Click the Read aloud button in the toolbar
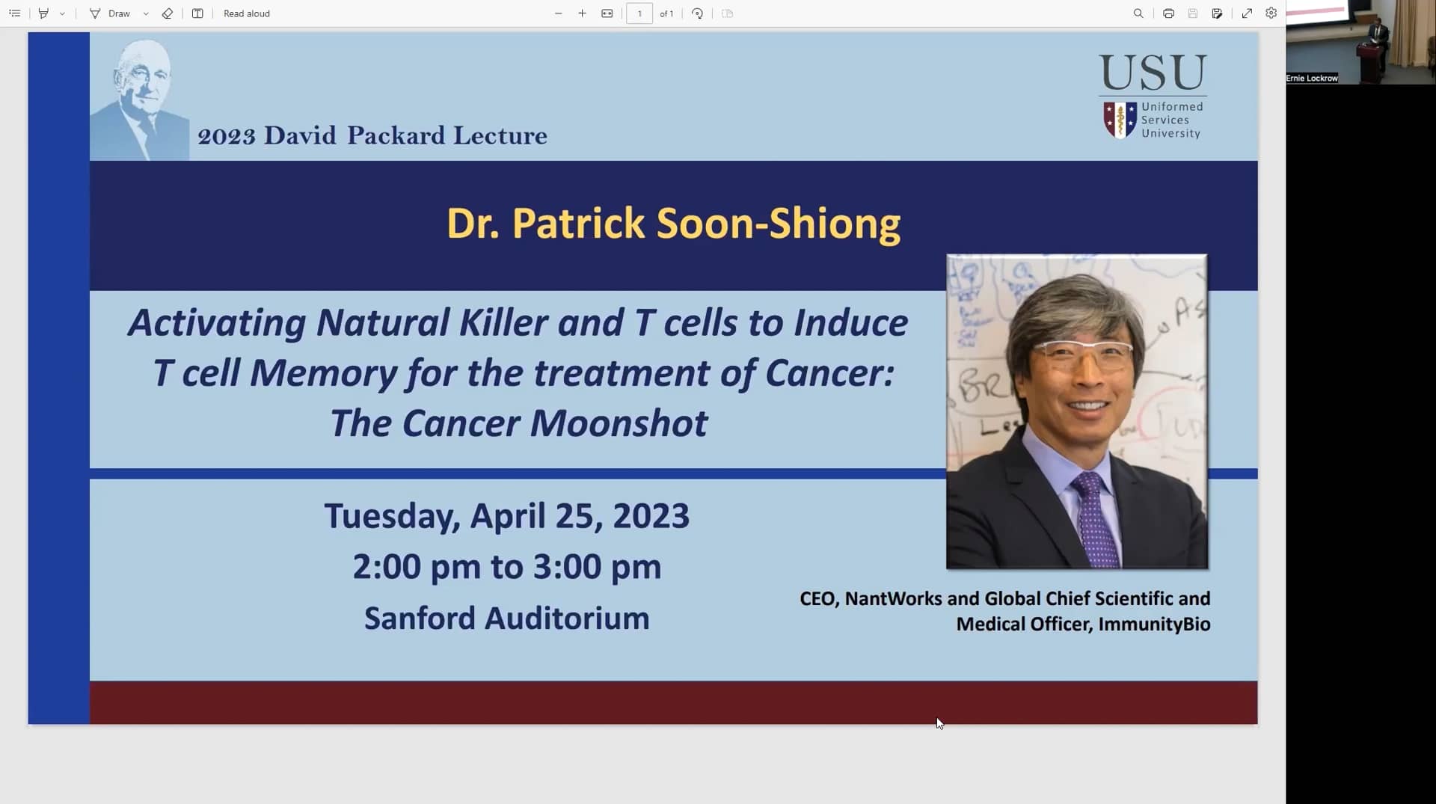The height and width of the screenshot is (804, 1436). [x=246, y=13]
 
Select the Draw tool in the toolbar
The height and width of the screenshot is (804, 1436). [x=110, y=13]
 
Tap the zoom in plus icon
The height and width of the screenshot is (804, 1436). [x=582, y=13]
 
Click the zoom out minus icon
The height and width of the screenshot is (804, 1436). [x=558, y=13]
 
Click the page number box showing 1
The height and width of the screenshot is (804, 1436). [x=639, y=13]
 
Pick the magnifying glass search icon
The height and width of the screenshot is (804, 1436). [x=1138, y=13]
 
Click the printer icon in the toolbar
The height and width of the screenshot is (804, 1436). [x=1168, y=13]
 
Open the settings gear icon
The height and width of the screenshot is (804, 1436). [x=1271, y=13]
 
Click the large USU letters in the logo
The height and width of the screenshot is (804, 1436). [x=1152, y=73]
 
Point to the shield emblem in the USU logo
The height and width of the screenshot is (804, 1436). [x=1120, y=120]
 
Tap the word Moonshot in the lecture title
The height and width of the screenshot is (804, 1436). [x=619, y=423]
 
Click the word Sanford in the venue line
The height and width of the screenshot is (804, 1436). [x=420, y=619]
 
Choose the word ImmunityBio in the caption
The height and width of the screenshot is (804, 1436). [x=1154, y=624]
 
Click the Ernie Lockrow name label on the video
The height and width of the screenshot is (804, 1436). [x=1311, y=78]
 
